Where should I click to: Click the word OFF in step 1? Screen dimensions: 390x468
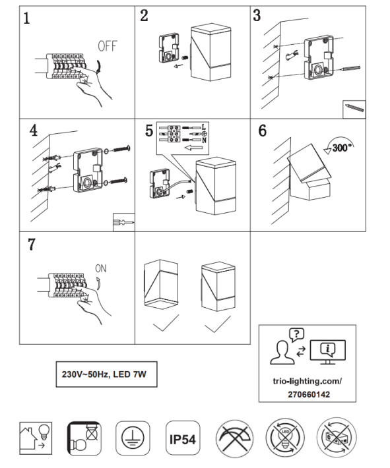pos(108,46)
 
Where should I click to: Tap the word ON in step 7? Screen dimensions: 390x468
pos(101,269)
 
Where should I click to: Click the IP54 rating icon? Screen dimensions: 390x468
pos(183,438)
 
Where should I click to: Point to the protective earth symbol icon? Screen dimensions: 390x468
pos(133,438)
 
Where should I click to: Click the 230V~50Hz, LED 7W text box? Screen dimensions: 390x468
pos(106,374)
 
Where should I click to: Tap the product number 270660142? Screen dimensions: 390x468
pos(309,394)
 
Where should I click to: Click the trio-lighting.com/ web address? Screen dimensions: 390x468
pos(308,381)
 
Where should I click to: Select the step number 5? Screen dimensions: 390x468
pos(149,131)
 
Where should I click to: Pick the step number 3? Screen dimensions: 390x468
pos(257,15)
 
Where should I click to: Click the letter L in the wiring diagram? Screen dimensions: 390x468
pos(204,127)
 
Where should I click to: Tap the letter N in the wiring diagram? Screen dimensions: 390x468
pos(204,140)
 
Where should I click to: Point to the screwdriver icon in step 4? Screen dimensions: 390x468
pos(123,222)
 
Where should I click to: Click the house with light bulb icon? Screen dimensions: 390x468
pos(36,438)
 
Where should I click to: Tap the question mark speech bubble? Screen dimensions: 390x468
pos(296,335)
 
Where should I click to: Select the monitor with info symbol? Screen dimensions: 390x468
pos(328,352)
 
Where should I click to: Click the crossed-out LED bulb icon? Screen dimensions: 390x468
pos(285,438)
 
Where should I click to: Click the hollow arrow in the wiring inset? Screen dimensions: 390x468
pos(193,148)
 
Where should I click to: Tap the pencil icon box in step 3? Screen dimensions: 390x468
pos(354,109)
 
